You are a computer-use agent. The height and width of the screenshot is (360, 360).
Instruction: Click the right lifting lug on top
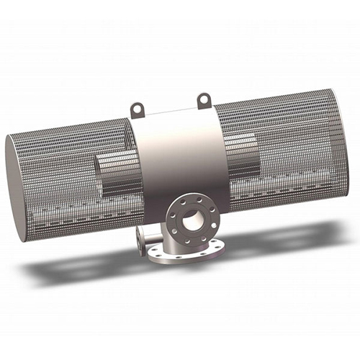click(x=204, y=99)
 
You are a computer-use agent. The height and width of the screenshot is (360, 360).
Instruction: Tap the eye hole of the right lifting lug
click(x=204, y=97)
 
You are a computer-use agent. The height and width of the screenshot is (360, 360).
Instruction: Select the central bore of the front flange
click(x=192, y=220)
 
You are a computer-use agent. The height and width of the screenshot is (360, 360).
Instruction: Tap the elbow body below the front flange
click(x=173, y=241)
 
